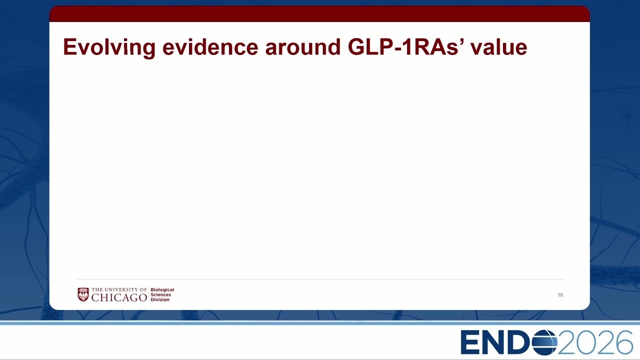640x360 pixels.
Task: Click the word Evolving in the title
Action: coord(109,48)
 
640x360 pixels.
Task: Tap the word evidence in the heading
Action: coord(210,47)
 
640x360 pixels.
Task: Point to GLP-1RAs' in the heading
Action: coord(405,47)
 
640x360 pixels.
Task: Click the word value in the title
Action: coord(499,47)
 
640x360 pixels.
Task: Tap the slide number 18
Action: coord(560,295)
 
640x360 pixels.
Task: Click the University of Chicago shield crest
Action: coord(83,294)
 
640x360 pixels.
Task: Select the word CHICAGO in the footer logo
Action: coord(119,297)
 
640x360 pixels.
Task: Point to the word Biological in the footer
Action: coord(162,289)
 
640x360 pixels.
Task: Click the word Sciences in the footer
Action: coord(161,294)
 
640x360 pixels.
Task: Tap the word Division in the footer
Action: coord(160,299)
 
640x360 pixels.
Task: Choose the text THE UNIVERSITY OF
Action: coord(119,289)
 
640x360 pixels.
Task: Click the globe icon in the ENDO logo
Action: coord(544,342)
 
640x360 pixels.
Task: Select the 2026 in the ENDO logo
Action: coord(595,342)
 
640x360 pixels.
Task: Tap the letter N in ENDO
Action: coord(494,342)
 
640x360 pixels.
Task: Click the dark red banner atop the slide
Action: coord(319,13)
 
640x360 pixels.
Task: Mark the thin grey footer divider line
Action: coord(320,279)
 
